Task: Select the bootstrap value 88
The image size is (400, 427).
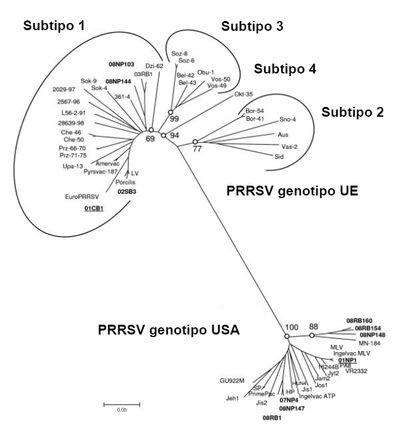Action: (x=314, y=326)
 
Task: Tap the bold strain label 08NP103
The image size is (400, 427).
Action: (x=122, y=64)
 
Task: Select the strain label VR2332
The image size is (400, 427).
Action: (x=358, y=370)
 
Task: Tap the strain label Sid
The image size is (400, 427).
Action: (x=279, y=157)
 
